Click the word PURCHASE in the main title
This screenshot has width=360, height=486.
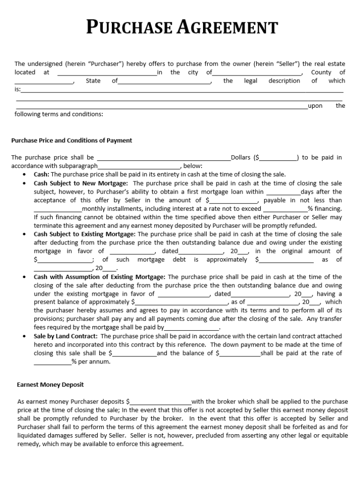point(129,28)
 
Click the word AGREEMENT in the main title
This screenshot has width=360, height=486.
point(228,28)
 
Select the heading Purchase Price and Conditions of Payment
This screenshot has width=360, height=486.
point(72,140)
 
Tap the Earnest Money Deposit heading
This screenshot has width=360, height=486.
point(50,384)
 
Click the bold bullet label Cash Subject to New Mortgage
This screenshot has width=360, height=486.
point(81,183)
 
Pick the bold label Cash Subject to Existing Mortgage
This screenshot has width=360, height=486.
point(84,234)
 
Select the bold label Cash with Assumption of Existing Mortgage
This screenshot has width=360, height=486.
point(100,277)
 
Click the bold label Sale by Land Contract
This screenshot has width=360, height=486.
point(65,336)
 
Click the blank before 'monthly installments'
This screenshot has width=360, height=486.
point(57,209)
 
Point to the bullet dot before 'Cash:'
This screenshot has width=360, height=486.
point(25,175)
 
